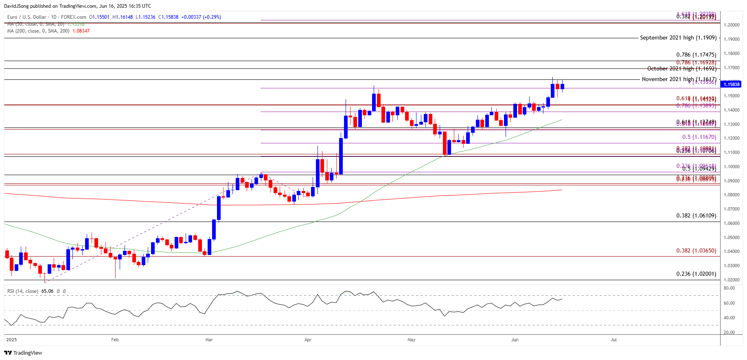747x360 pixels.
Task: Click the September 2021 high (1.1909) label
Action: click(678, 37)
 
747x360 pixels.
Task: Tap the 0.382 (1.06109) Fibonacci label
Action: click(696, 215)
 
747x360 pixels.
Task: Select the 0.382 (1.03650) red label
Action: click(696, 250)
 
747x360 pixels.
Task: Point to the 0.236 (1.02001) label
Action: click(696, 274)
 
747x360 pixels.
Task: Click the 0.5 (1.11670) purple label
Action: click(699, 137)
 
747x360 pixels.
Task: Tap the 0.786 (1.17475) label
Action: click(696, 55)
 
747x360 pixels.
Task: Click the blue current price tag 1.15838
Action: click(731, 84)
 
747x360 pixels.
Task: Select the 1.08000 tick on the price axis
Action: click(731, 195)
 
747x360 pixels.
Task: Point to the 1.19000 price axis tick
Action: click(731, 40)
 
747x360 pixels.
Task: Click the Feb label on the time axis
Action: click(115, 340)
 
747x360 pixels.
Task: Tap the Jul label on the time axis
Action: click(613, 340)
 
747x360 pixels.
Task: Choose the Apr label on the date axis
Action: click(308, 340)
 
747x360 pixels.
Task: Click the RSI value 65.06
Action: click(47, 291)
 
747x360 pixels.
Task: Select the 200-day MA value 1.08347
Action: click(81, 31)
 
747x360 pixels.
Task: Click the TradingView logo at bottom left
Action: click(23, 353)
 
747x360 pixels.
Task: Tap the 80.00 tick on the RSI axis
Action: click(729, 288)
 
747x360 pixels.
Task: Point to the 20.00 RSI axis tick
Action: click(729, 332)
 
